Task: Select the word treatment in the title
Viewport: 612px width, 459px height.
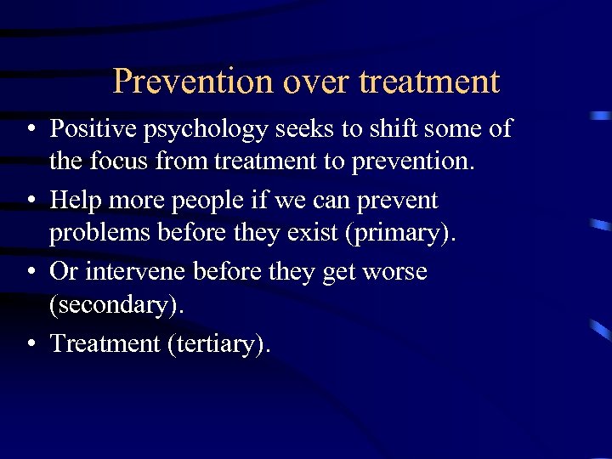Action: (x=429, y=82)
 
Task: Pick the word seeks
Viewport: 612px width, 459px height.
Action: (x=300, y=128)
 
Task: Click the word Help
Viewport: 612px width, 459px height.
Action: (x=74, y=201)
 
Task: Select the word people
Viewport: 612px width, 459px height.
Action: (x=205, y=202)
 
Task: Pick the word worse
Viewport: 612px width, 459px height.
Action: (x=396, y=272)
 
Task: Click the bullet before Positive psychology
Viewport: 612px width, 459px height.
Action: (x=30, y=129)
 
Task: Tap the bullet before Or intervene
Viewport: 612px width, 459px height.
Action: (x=30, y=273)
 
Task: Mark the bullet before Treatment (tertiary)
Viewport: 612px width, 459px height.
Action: (x=30, y=344)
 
